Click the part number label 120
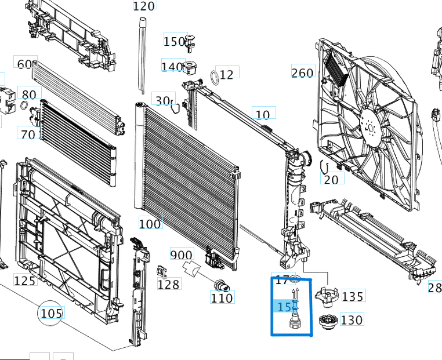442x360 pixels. (x=144, y=6)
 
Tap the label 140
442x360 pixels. (x=172, y=67)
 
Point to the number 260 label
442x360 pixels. (x=302, y=73)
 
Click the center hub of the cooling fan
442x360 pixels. (x=368, y=119)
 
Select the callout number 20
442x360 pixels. (x=331, y=180)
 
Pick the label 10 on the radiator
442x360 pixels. (x=263, y=115)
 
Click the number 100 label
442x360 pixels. (x=150, y=223)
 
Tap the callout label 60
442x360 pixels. (x=26, y=64)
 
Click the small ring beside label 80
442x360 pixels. (x=24, y=105)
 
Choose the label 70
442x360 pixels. (x=28, y=134)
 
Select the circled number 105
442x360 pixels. (x=51, y=314)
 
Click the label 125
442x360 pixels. (x=24, y=281)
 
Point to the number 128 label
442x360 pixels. (x=169, y=284)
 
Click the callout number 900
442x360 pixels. (x=182, y=254)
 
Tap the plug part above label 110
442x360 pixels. (x=220, y=285)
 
